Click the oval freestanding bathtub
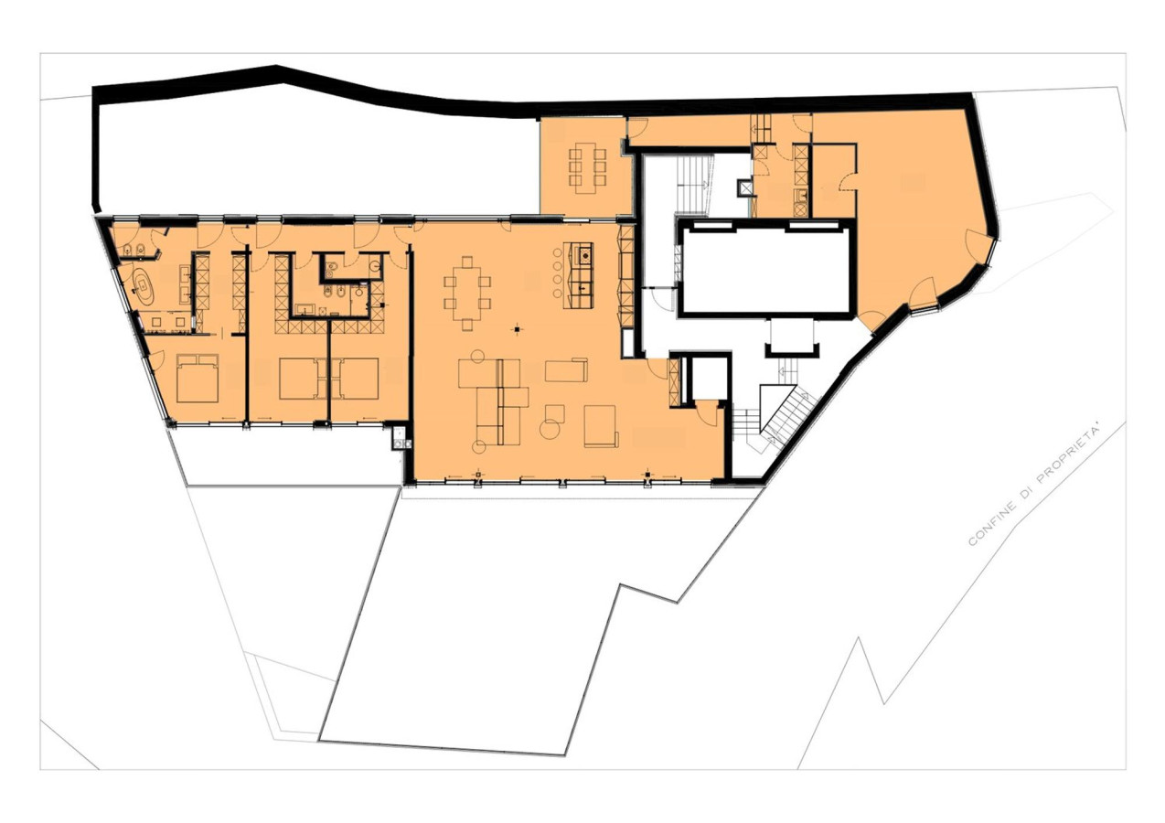click(142, 287)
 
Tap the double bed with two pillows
click(198, 378)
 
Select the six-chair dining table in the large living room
click(467, 294)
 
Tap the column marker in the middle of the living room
click(518, 328)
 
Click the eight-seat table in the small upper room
click(587, 167)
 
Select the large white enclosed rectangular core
click(765, 269)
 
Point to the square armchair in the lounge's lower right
click(601, 426)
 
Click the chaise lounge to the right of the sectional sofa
click(566, 369)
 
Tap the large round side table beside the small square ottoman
click(550, 430)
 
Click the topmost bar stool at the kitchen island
click(557, 252)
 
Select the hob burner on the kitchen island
click(585, 255)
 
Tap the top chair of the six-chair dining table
click(467, 262)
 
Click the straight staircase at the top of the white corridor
click(690, 184)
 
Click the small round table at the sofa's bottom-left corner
click(478, 446)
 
